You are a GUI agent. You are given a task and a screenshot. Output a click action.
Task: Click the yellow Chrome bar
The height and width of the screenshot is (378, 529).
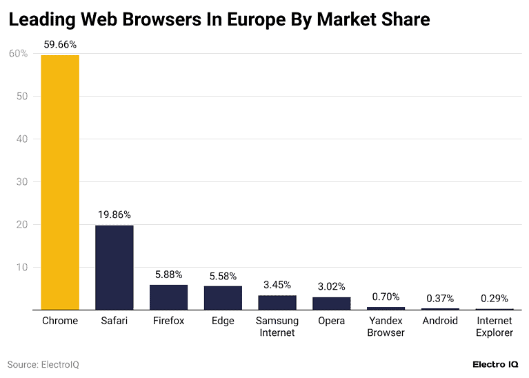tap(60, 182)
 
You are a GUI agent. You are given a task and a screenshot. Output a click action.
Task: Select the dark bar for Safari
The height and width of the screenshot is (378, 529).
tap(114, 268)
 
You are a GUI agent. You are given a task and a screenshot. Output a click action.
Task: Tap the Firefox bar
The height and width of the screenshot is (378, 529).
tap(168, 297)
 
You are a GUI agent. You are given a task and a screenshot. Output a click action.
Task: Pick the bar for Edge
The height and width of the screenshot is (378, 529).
tap(223, 298)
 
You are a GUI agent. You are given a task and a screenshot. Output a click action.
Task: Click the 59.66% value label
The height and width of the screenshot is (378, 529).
tap(60, 45)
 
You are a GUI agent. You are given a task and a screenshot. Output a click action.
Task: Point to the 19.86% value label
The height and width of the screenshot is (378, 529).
tap(114, 215)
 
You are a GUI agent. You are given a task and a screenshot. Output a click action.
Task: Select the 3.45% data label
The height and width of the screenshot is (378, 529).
tap(277, 284)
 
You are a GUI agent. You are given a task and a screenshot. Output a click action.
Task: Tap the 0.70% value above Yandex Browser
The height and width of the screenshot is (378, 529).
tap(386, 297)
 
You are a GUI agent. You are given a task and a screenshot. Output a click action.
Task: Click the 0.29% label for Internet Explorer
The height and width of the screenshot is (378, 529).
tap(495, 299)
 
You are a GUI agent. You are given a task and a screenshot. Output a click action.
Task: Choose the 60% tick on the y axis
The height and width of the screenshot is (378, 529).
tap(18, 53)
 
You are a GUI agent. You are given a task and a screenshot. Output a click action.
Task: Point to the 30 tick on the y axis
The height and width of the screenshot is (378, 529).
tap(21, 181)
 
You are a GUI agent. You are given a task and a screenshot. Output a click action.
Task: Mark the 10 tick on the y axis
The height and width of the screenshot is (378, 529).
tap(21, 267)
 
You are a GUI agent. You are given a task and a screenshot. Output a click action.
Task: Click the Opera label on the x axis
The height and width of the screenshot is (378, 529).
tap(331, 321)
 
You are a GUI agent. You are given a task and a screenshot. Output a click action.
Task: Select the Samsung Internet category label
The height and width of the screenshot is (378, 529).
tap(277, 326)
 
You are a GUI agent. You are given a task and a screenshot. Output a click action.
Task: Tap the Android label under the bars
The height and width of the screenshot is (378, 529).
tap(440, 321)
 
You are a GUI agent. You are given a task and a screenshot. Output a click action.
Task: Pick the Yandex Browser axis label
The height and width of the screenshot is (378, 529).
tap(386, 326)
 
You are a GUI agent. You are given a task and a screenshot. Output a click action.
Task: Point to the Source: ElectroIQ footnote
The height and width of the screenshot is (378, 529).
tap(43, 364)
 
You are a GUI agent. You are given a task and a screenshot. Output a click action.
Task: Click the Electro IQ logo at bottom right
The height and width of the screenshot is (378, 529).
tap(496, 364)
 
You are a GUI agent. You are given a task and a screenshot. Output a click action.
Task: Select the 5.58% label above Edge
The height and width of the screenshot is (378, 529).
tap(223, 275)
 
